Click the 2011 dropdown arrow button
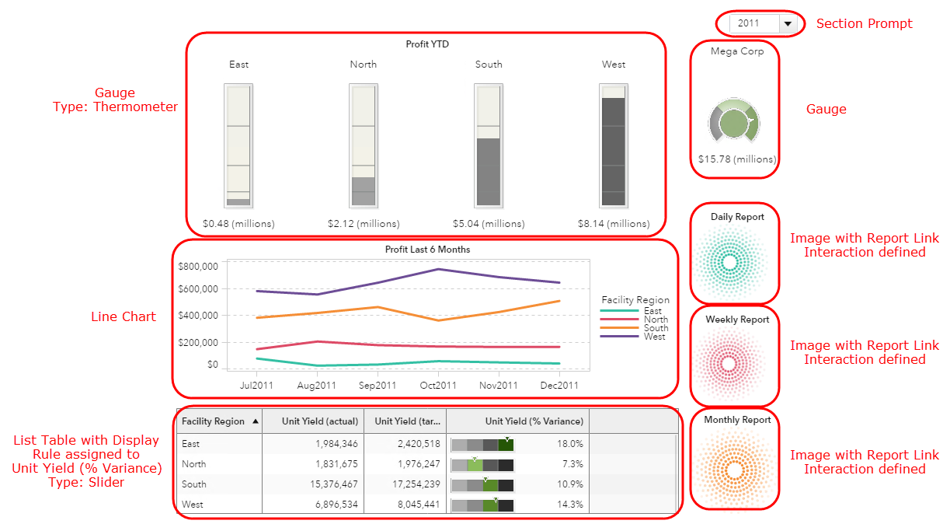pos(788,23)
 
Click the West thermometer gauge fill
pos(614,151)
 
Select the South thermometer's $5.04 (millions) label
pos(489,224)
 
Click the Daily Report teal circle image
pos(729,263)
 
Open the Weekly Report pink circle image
pos(729,364)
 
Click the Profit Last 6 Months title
pos(427,250)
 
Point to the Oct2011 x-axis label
pos(438,385)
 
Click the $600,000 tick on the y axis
pos(197,288)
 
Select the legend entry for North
pos(656,320)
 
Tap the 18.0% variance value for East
pos(571,444)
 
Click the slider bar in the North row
pos(482,464)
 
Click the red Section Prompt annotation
pos(863,23)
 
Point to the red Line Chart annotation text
pos(124,316)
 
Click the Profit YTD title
pos(427,44)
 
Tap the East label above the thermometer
pos(238,65)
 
